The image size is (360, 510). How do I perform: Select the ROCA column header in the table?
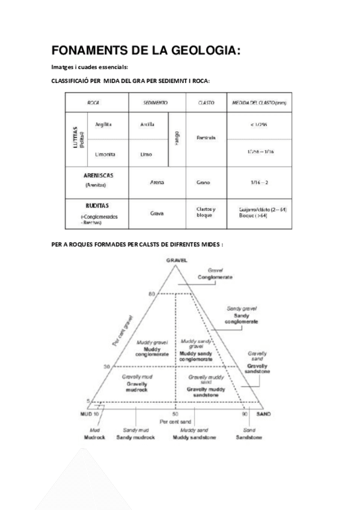tap(93, 103)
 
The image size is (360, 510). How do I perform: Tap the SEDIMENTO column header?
tap(155, 103)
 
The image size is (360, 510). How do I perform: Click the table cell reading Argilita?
tap(104, 124)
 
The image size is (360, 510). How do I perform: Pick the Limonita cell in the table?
tap(105, 154)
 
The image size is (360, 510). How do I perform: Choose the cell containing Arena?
tap(157, 182)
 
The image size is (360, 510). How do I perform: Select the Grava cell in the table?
tap(157, 213)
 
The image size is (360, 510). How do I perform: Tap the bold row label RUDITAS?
tap(96, 205)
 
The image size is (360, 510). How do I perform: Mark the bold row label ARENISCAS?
tap(99, 176)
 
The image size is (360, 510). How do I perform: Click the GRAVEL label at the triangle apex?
tap(176, 260)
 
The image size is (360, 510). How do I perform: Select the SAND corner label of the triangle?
tap(263, 415)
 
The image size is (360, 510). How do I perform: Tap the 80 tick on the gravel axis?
tap(151, 293)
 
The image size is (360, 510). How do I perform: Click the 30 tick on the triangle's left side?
tap(108, 366)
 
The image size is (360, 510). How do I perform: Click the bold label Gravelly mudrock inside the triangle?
tap(136, 386)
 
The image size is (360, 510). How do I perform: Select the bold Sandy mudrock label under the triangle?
tap(139, 437)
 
